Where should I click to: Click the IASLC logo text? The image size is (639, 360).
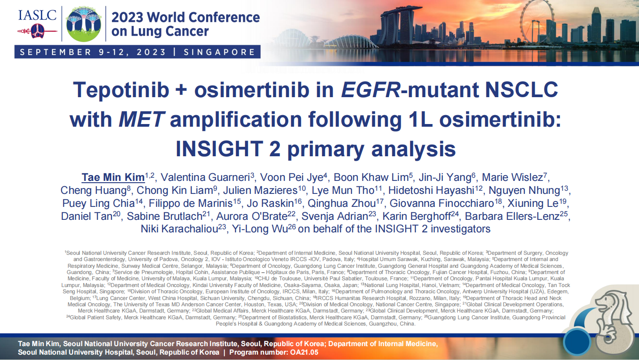pyautogui.click(x=37, y=15)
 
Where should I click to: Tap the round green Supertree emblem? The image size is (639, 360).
pyautogui.click(x=84, y=24)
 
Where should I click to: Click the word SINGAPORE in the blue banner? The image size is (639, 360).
pyautogui.click(x=219, y=52)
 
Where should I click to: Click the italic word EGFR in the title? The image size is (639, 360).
pyautogui.click(x=371, y=90)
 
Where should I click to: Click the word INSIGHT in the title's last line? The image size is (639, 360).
pyautogui.click(x=219, y=149)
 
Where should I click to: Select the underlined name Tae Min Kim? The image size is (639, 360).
pyautogui.click(x=113, y=177)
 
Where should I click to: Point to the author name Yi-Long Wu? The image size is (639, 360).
pyautogui.click(x=260, y=229)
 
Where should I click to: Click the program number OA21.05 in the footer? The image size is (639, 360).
pyautogui.click(x=304, y=352)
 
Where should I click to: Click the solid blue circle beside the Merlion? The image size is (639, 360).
pyautogui.click(x=577, y=342)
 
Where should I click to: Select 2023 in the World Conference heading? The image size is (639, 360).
pyautogui.click(x=127, y=17)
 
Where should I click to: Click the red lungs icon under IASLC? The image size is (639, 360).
pyautogui.click(x=37, y=31)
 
